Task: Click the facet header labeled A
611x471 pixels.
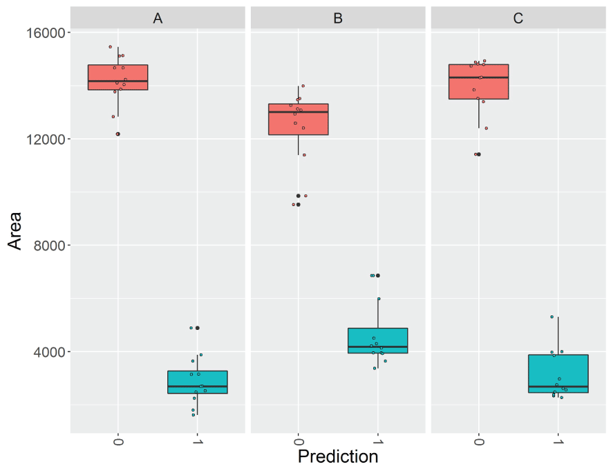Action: point(158,19)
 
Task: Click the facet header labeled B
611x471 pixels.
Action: point(338,19)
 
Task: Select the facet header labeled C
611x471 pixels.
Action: point(518,19)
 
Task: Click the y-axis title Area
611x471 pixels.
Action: point(15,230)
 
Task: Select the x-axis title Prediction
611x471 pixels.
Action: point(338,457)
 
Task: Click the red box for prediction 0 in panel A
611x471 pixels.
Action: point(117,77)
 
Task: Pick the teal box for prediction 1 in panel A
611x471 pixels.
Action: point(198,382)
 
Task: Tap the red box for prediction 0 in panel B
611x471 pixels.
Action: point(298,119)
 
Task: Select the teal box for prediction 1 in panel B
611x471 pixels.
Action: point(378,340)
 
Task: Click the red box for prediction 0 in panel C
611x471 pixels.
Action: point(478,82)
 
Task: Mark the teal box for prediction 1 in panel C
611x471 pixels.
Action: point(558,373)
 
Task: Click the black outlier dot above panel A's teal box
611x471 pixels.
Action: point(198,328)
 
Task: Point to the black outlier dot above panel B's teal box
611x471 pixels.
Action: point(378,275)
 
